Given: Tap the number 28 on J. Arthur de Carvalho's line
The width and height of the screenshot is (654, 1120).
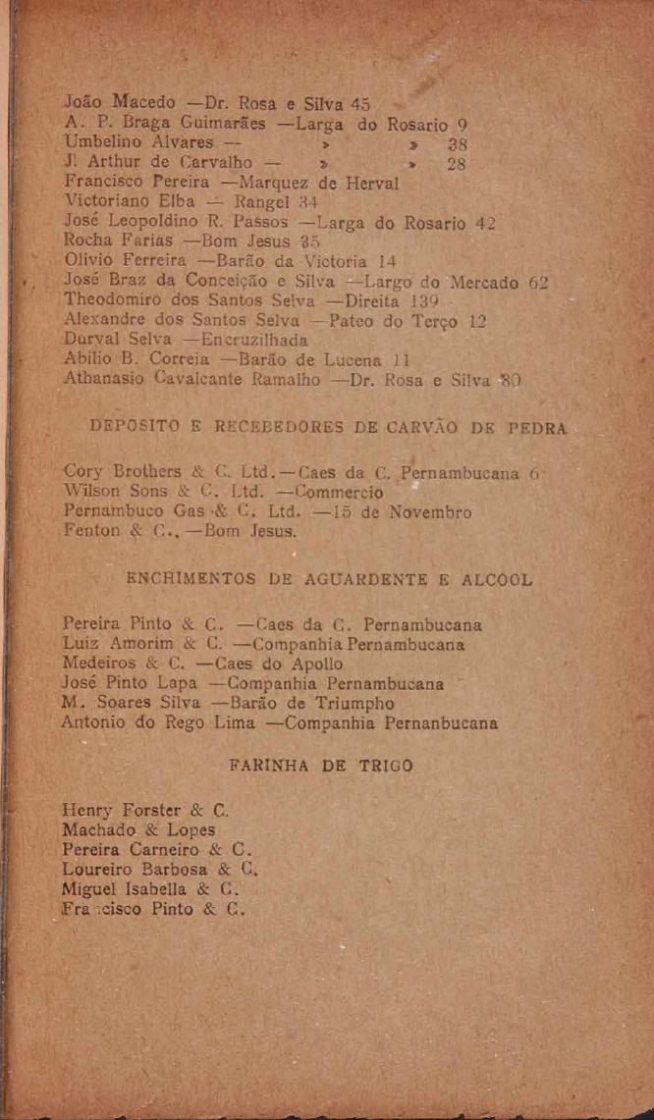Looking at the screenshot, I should pos(456,163).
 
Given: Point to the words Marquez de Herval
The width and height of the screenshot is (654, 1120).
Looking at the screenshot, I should pos(317,183).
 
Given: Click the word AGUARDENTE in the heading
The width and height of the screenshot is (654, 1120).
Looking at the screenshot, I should pos(353,581).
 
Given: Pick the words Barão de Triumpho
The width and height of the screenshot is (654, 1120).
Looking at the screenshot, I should pos(317,703).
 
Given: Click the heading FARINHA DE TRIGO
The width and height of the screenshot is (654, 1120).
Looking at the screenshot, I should pos(320,767).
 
